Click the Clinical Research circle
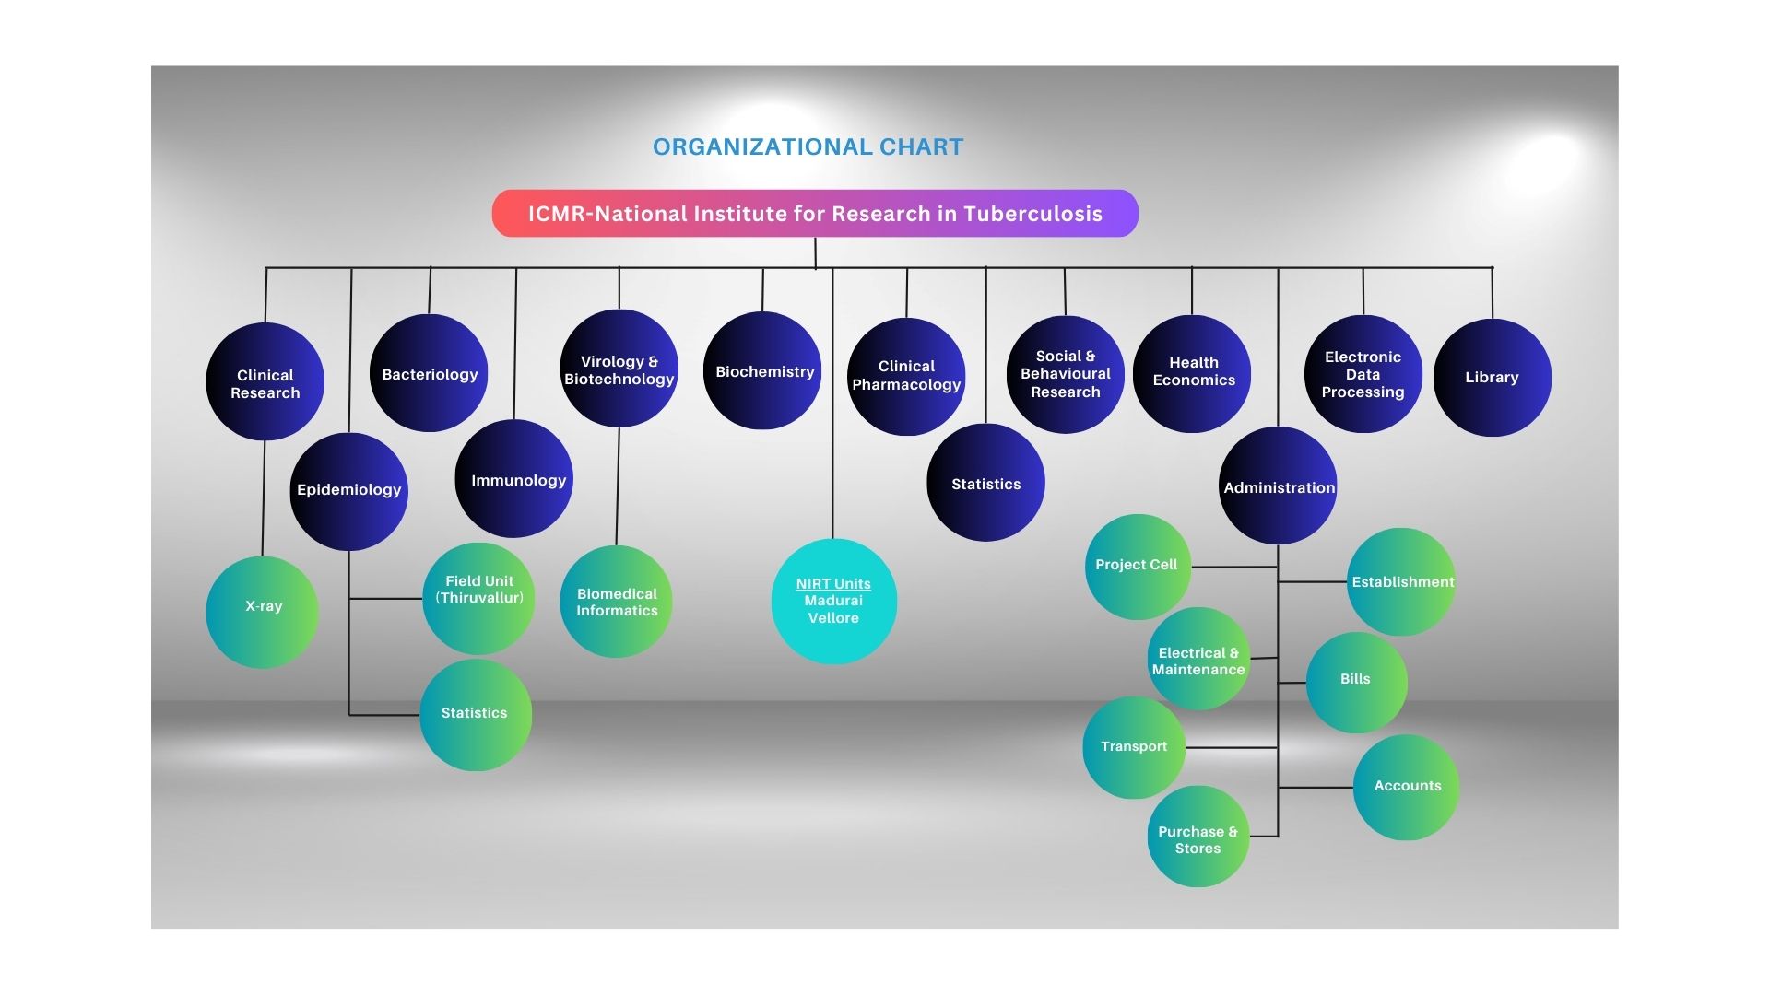coord(265,381)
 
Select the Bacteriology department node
coord(429,373)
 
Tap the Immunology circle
coord(514,479)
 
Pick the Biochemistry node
coord(762,370)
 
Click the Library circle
coord(1492,378)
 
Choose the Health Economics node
coord(1192,373)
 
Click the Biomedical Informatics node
coord(617,602)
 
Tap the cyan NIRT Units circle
coord(833,602)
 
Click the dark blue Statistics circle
coord(985,483)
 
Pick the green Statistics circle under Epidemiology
coord(476,715)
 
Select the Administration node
coord(1278,486)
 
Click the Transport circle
coord(1134,747)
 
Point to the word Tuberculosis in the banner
coord(1032,214)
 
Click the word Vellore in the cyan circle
coord(833,618)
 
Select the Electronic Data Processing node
coord(1363,374)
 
